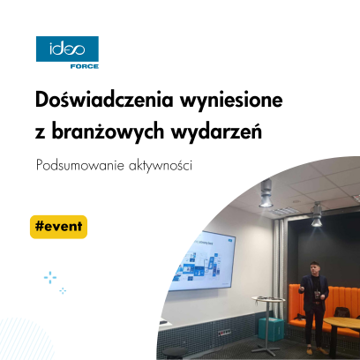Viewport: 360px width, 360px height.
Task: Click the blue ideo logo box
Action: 66,49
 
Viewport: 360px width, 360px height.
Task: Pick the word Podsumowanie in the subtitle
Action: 78,165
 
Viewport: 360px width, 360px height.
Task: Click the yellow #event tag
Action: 58,225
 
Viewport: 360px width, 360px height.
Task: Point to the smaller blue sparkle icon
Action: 63,290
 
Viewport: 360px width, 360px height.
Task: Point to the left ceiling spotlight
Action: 264,195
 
